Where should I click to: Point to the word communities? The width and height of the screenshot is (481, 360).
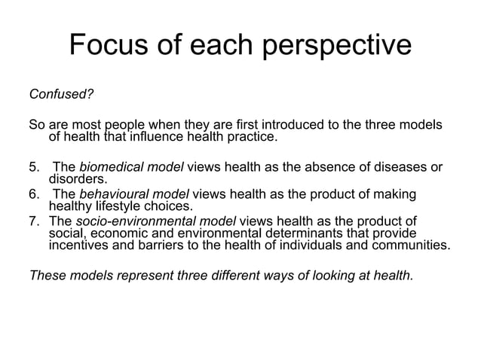[x=407, y=246]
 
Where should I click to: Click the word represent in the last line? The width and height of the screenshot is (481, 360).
[x=144, y=275]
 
